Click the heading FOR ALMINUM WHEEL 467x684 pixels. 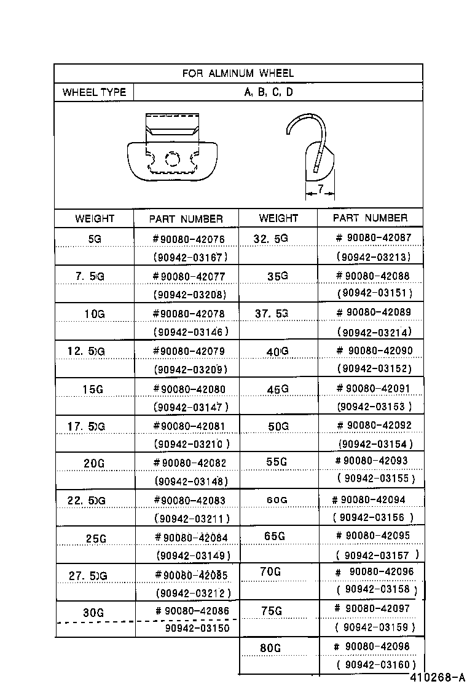pos(238,73)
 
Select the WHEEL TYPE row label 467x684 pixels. pos(94,92)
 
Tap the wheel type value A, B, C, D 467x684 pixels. pos(269,92)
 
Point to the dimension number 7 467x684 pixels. pos(320,190)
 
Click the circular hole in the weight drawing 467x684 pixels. pos(173,161)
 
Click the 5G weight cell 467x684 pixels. pos(95,239)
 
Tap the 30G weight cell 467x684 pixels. pos(93,613)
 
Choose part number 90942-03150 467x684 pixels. pos(197,628)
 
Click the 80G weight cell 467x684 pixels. pos(270,648)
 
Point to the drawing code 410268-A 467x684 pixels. pos(438,677)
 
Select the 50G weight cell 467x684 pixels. pos(278,426)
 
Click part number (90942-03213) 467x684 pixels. pos(374,256)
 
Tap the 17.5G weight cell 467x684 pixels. pos(87,426)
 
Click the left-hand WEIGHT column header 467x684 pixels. pos(95,218)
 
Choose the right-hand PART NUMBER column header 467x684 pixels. pos(370,218)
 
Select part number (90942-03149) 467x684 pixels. pos(193,555)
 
